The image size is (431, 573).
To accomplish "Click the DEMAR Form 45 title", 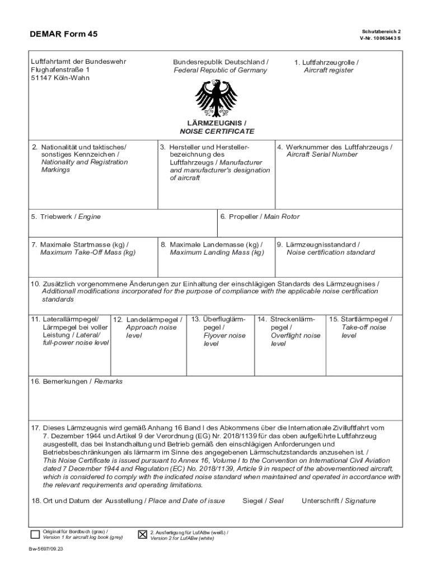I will (x=63, y=34).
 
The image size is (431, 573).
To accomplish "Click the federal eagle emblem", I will (x=215, y=97).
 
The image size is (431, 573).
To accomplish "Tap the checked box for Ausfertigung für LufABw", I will (x=143, y=534).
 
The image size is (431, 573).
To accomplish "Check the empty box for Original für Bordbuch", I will (x=35, y=534).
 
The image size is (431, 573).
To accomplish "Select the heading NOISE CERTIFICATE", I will (x=217, y=131).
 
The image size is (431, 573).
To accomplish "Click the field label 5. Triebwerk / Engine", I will (x=66, y=217).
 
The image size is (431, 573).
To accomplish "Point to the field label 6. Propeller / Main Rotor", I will (x=260, y=217).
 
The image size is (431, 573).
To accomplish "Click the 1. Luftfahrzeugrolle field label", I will (x=327, y=62).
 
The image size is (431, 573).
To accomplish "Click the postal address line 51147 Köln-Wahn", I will (x=60, y=78).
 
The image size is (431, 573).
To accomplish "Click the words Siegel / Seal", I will (x=263, y=501).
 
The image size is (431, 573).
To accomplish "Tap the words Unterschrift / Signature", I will (x=339, y=501).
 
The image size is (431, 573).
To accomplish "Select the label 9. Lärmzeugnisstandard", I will (x=322, y=245).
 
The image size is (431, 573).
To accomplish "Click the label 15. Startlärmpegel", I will (x=360, y=319).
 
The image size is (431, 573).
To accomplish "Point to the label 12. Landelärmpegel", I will (x=147, y=320).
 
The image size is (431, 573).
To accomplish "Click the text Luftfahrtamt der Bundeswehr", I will (x=78, y=62).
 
